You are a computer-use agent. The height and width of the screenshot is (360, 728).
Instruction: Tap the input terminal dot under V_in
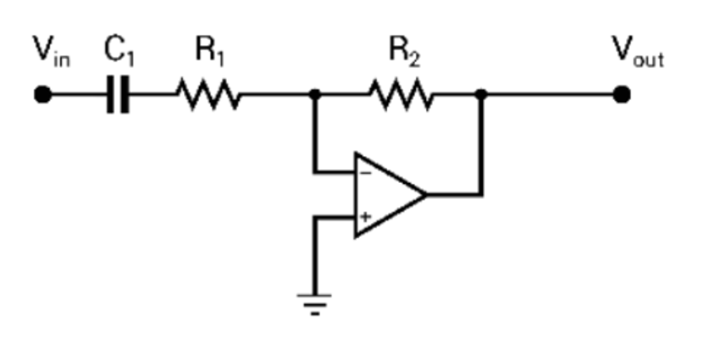coord(43,95)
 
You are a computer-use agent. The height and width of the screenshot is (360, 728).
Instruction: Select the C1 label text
coord(119,51)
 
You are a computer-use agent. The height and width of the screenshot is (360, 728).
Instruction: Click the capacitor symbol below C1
coord(118,96)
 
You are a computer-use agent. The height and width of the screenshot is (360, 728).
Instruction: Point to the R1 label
coord(208,51)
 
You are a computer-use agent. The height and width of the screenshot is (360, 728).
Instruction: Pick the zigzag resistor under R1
coord(208,95)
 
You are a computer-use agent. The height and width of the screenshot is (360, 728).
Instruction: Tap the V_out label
coord(637,51)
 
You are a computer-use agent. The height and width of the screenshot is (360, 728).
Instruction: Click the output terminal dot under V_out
coord(622,95)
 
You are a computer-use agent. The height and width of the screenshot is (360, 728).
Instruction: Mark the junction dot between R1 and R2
coord(313,95)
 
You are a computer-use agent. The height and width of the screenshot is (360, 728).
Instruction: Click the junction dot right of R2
coord(481,95)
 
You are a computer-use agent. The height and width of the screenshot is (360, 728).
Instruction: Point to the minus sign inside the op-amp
coord(366,172)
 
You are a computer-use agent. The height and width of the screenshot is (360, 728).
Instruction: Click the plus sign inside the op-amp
coord(366,217)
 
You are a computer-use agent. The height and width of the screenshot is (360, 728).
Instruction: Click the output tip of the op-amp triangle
coord(425,195)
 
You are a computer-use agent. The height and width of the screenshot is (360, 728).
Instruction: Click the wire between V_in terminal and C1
coord(77,95)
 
